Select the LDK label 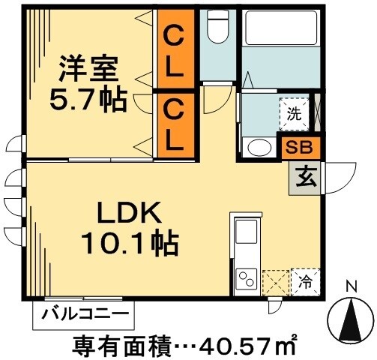coord(127,215)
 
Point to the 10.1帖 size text coord(129,244)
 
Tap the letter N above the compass coord(350,286)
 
